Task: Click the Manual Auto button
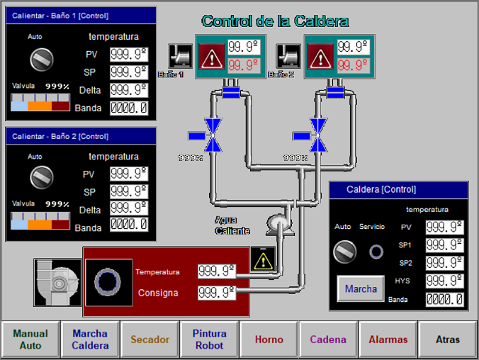click(30, 339)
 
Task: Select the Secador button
click(150, 339)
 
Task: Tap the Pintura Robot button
click(209, 339)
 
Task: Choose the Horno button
click(269, 339)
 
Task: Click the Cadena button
click(328, 339)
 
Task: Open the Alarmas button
click(388, 339)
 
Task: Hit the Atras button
click(448, 339)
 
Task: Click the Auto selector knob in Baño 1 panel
click(42, 58)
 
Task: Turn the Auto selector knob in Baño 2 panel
click(42, 176)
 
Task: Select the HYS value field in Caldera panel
click(444, 281)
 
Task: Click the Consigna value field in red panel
click(216, 293)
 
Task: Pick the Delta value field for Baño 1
click(128, 90)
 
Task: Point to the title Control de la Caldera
click(275, 21)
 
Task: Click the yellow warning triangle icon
click(263, 260)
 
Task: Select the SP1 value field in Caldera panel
click(444, 245)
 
